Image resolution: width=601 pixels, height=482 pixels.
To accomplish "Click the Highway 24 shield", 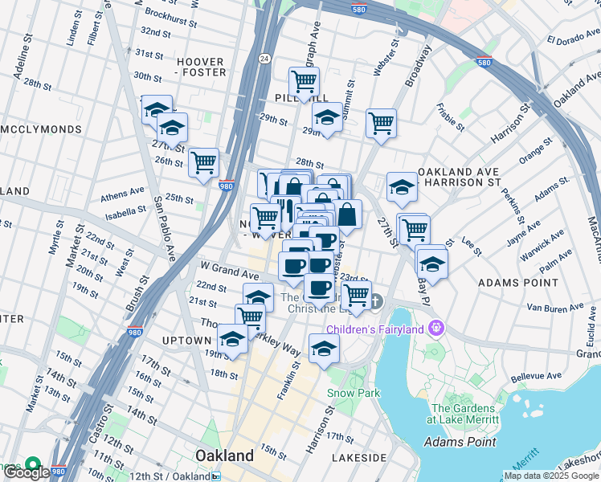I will pyautogui.click(x=264, y=58).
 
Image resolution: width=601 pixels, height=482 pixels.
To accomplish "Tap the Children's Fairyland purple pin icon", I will pyautogui.click(x=436, y=328).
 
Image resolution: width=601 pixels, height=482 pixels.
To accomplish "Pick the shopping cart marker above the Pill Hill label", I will pyautogui.click(x=304, y=80).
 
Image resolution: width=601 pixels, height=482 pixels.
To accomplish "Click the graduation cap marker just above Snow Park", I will pyautogui.click(x=324, y=349).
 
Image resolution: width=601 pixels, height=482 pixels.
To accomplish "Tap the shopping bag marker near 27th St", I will pyautogui.click(x=347, y=214).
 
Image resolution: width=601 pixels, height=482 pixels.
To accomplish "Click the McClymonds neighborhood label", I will pyautogui.click(x=41, y=129).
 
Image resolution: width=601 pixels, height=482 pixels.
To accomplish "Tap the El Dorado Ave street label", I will pyautogui.click(x=574, y=39).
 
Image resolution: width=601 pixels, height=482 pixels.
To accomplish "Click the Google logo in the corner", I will pyautogui.click(x=27, y=472).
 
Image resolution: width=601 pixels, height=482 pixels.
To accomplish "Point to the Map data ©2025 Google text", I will pyautogui.click(x=550, y=476).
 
